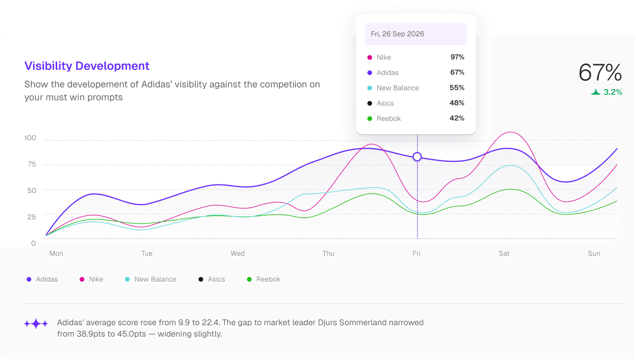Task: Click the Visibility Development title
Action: (x=87, y=66)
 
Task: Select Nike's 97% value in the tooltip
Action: (x=457, y=57)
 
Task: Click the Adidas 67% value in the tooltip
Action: (x=457, y=72)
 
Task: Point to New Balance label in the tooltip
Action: (x=398, y=88)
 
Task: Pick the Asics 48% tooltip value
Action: (x=457, y=103)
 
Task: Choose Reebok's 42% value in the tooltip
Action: (x=457, y=118)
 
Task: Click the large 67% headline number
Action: (x=600, y=73)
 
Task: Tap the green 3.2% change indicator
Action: (x=607, y=93)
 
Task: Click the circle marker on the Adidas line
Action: (x=417, y=157)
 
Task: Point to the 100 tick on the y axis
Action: (x=30, y=138)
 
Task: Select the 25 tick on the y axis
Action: (x=32, y=216)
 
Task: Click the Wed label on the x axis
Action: (x=237, y=253)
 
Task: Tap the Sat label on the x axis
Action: (x=504, y=253)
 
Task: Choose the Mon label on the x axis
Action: (x=56, y=253)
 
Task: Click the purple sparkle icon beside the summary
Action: (x=36, y=324)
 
